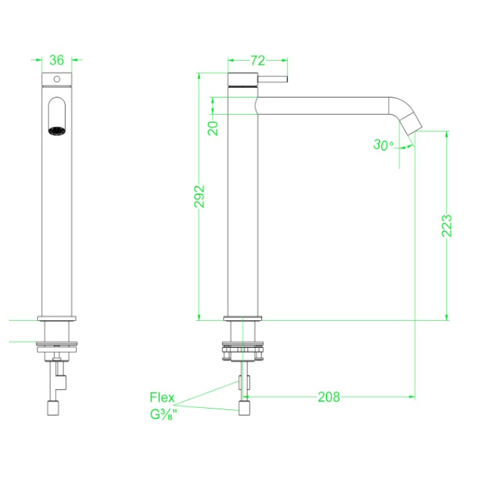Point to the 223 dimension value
(446, 225)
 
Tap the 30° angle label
(383, 145)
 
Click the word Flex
(163, 398)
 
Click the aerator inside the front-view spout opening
(56, 130)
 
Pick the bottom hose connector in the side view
(244, 408)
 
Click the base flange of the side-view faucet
(243, 318)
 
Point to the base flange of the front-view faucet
(56, 318)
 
